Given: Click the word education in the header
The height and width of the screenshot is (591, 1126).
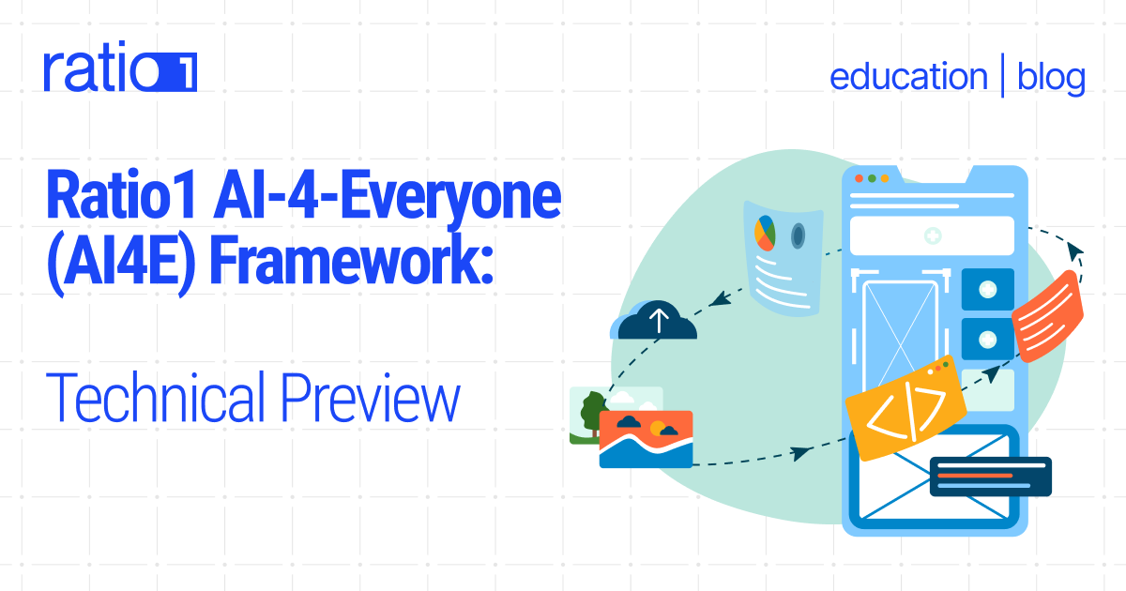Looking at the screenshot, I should [907, 77].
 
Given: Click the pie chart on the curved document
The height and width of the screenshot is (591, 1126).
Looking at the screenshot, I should [764, 231].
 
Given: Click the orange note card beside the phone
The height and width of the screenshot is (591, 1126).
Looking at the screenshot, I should [1048, 314].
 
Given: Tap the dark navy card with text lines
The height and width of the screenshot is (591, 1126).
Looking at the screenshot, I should [990, 476].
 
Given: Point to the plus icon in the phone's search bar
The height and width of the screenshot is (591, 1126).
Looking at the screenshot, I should [932, 236].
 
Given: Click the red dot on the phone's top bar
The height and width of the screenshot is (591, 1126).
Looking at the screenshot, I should [858, 177].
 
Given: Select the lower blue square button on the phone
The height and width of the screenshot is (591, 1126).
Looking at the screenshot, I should [987, 338].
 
